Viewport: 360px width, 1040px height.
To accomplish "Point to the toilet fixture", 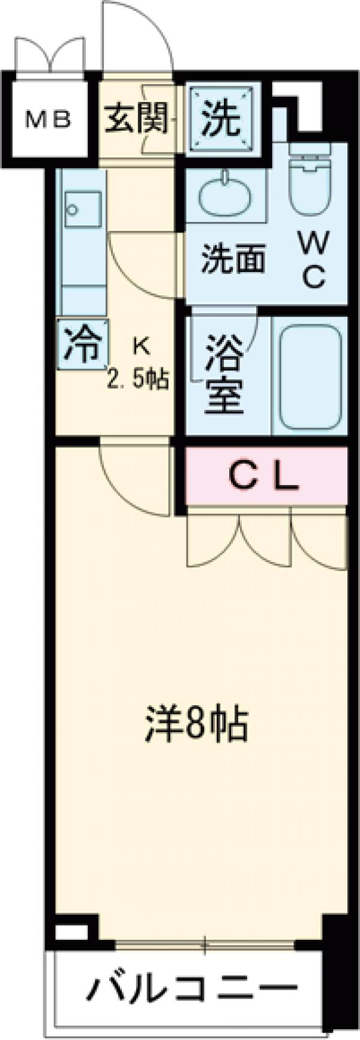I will [311, 178].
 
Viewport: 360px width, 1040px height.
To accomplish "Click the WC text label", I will [313, 259].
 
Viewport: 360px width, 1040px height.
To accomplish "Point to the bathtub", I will [310, 376].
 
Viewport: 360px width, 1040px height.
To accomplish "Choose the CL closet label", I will [264, 477].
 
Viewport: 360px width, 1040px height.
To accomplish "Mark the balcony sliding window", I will [204, 946].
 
